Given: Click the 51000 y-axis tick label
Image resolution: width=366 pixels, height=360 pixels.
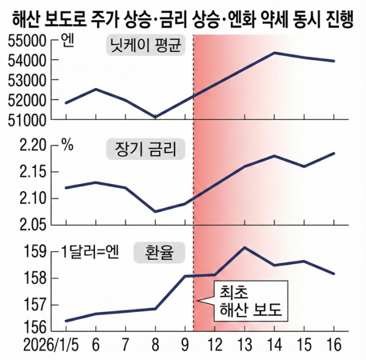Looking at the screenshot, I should point(25,120).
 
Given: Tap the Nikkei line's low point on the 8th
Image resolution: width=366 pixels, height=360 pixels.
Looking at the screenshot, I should point(155,117).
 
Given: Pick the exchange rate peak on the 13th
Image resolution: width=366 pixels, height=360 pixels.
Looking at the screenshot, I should point(245,247).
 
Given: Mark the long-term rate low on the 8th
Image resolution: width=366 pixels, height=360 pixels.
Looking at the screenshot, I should point(155,211).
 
